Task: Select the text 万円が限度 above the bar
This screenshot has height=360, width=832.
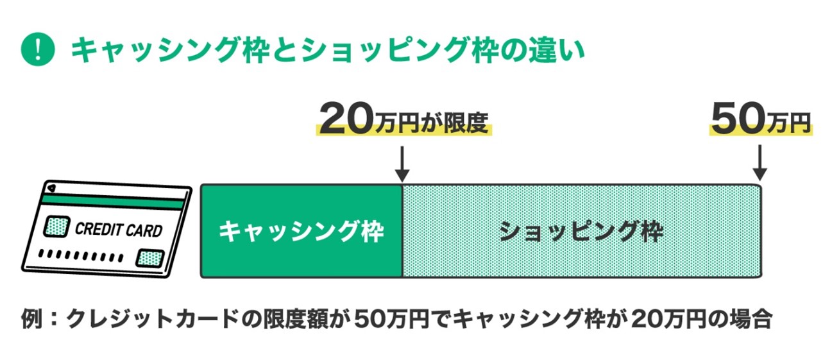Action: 430,122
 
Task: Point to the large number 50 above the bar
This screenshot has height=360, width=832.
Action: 735,119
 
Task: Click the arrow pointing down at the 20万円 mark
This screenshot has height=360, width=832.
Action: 402,164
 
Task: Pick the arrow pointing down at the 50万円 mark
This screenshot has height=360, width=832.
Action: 760,164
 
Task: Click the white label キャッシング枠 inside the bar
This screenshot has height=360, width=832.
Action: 301,232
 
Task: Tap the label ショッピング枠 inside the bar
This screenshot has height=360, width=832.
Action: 581,232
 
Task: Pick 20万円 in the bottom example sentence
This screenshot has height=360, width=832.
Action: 661,319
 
